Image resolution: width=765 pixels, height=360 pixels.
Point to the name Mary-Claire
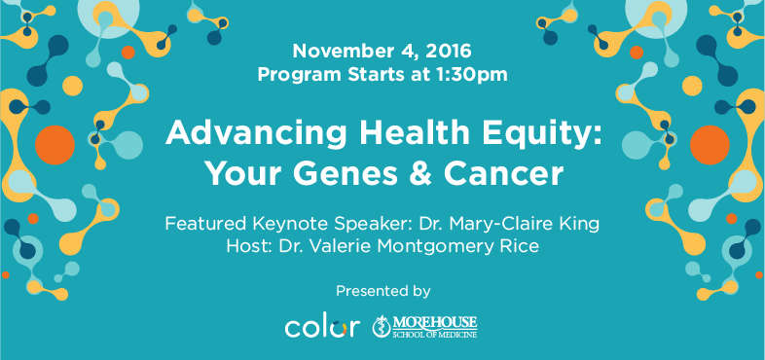(x=505, y=225)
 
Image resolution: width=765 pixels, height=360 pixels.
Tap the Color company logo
(x=314, y=327)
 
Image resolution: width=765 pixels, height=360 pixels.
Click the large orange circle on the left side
(x=54, y=147)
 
